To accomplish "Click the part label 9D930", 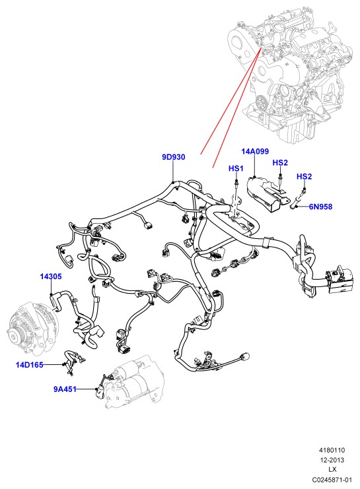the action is (173, 157).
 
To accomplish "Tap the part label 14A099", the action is (255, 152).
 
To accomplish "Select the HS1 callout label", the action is (236, 168).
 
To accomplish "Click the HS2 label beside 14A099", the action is (280, 162).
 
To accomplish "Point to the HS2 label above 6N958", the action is (304, 176).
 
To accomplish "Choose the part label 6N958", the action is (320, 207).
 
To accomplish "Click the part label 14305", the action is (51, 277).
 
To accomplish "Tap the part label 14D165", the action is (29, 364).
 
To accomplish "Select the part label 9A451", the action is (65, 389).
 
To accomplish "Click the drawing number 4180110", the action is (332, 450).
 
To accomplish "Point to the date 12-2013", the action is (332, 460).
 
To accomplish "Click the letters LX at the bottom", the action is (332, 470).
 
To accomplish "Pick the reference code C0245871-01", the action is (332, 479).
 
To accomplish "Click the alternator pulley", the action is (13, 335).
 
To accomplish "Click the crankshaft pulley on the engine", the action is (260, 102).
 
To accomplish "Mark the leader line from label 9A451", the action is (86, 389).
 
